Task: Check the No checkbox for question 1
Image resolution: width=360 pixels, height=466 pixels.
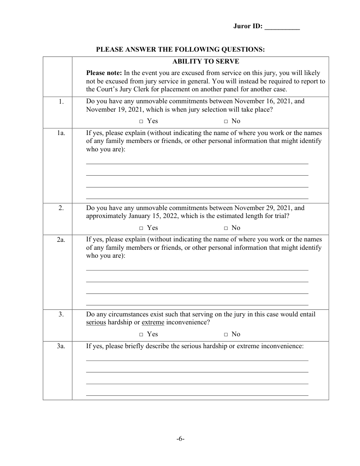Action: click(225, 121)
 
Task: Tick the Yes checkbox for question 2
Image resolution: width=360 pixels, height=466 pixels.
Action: click(141, 228)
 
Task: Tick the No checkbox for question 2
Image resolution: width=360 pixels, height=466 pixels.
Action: click(225, 228)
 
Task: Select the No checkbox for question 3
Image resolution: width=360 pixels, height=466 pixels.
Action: click(225, 334)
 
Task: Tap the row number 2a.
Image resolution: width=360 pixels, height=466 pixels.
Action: click(57, 239)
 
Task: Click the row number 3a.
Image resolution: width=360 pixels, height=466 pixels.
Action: click(57, 346)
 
